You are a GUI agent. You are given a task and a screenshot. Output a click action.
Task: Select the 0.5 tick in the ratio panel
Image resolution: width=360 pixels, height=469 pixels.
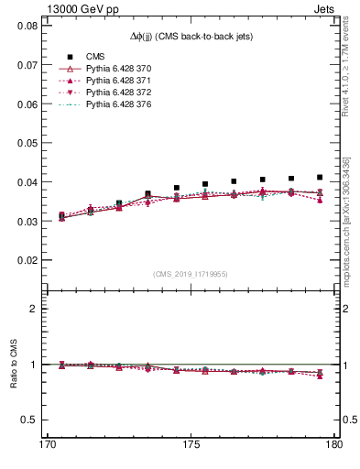33,420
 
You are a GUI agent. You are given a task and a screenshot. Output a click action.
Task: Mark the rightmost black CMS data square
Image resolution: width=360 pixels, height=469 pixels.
320,177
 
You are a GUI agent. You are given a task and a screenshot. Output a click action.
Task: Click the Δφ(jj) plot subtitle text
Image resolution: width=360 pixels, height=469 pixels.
190,36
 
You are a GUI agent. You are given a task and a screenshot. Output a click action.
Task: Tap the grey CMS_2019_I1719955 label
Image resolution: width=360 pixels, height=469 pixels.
191,273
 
